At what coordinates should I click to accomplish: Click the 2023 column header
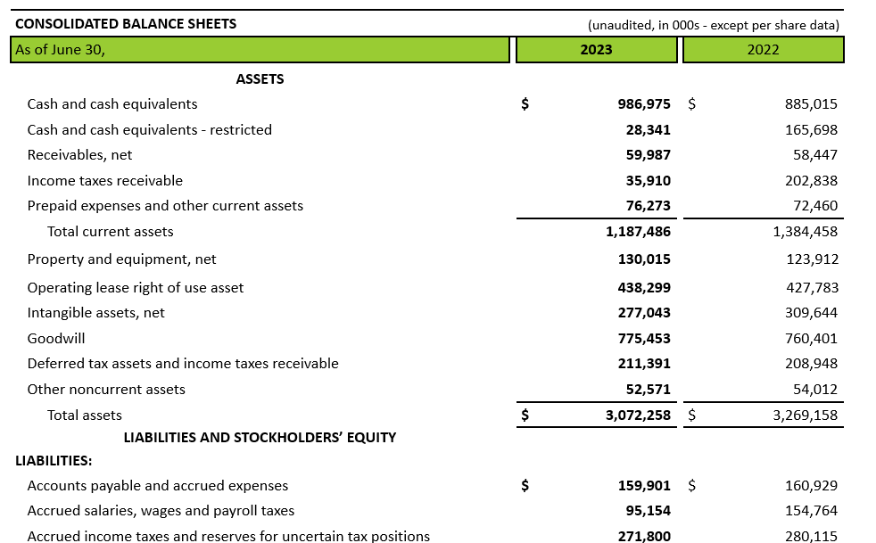[x=596, y=50]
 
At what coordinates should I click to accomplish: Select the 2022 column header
[x=763, y=50]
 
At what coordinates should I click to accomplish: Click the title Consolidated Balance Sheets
[x=126, y=24]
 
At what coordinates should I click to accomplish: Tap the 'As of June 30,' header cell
[x=260, y=50]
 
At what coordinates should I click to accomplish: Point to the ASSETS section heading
[x=260, y=79]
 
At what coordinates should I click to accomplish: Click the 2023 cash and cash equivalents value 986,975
[x=643, y=104]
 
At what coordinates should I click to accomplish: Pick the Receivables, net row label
[x=80, y=155]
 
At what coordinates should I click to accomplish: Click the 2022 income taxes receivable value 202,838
[x=811, y=180]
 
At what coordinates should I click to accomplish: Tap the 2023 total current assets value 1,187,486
[x=638, y=231]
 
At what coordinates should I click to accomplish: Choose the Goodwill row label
[x=56, y=339]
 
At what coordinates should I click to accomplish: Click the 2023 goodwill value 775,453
[x=644, y=339]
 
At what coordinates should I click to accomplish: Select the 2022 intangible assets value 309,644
[x=811, y=313]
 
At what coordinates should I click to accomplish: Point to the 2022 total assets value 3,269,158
[x=805, y=415]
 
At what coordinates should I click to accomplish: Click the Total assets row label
[x=85, y=415]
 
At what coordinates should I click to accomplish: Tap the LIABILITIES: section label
[x=54, y=461]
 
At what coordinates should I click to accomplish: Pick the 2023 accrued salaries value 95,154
[x=648, y=511]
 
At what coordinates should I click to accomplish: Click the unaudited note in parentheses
[x=714, y=25]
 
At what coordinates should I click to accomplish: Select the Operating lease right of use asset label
[x=136, y=288]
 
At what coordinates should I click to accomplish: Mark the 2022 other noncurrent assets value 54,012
[x=815, y=390]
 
